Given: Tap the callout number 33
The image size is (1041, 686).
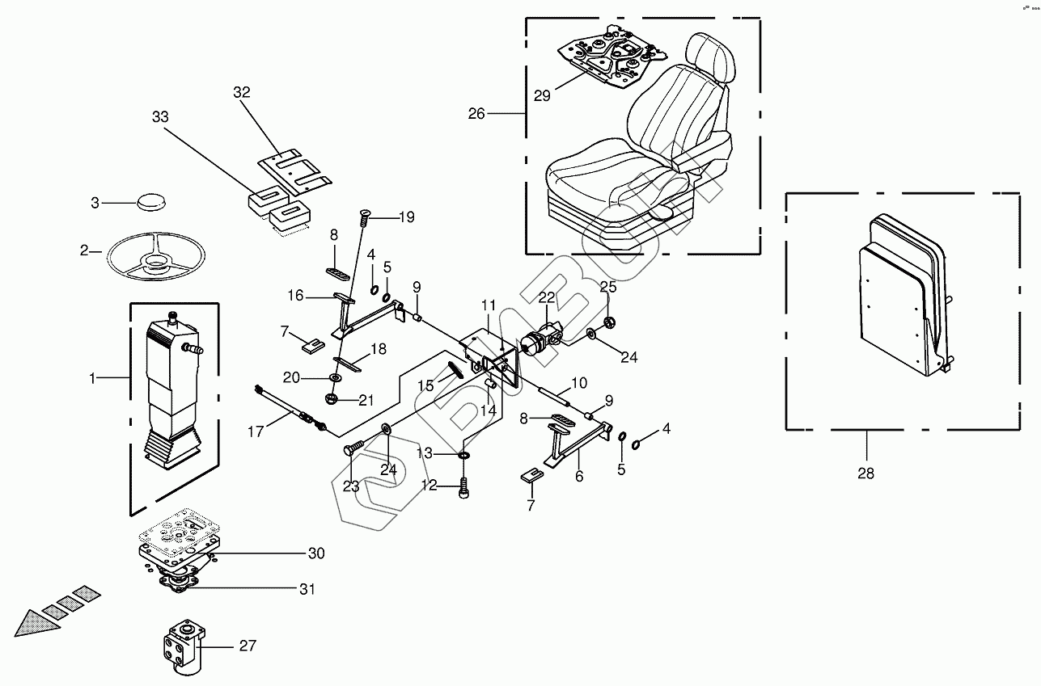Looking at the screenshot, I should [160, 118].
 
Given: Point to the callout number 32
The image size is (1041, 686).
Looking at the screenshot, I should [242, 92].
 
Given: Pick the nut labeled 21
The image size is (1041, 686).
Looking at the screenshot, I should [332, 398].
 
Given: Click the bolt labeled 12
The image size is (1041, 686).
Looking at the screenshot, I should [463, 486].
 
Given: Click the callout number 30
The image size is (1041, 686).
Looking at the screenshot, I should [315, 553].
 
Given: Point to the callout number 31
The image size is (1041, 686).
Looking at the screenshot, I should [307, 589].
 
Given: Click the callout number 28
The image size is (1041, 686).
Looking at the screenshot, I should [865, 473].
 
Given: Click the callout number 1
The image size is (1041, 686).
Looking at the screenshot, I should [92, 378].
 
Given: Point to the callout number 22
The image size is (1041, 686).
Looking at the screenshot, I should [547, 298].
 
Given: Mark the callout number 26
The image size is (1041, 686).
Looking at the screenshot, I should [476, 114].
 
